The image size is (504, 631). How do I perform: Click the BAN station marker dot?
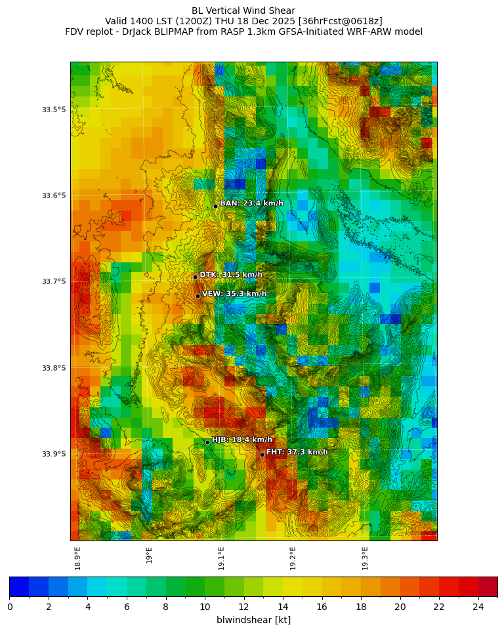[x=215, y=206]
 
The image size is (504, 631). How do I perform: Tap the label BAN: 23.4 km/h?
[x=251, y=203]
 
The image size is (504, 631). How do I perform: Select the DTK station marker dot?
[x=195, y=277]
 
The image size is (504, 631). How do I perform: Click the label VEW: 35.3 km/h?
[x=234, y=294]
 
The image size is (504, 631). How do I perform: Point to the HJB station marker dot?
[x=207, y=442]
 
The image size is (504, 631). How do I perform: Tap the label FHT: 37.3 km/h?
[x=297, y=452]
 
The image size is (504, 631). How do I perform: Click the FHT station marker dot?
[x=262, y=455]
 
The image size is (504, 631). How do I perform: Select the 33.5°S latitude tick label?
[x=53, y=110]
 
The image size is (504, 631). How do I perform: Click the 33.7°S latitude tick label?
[x=53, y=281]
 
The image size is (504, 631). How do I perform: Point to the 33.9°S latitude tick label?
[x=53, y=454]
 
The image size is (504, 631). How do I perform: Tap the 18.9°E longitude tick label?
[x=77, y=558]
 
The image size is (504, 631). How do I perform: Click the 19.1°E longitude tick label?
[x=221, y=558]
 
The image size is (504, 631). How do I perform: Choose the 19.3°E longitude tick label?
[x=365, y=558]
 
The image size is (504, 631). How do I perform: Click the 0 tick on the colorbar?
[x=10, y=607]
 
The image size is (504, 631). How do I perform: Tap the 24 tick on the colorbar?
[x=478, y=607]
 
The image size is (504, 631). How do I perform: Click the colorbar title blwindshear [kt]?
[x=253, y=620]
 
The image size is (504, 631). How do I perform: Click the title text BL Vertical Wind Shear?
[x=243, y=10]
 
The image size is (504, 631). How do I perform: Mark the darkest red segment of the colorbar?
[x=488, y=587]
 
